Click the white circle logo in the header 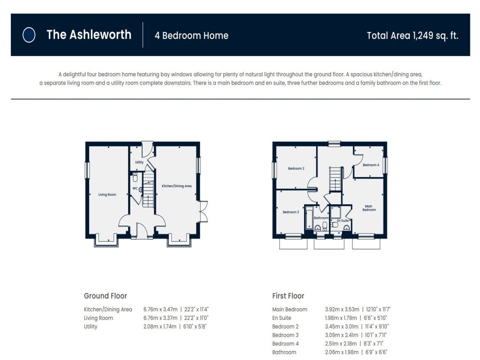point(29,35)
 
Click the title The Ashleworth point(89,35)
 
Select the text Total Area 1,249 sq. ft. point(412,36)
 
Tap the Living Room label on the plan point(107,195)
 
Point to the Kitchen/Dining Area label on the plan point(177,186)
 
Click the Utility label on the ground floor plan point(139,162)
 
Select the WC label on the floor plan point(135,188)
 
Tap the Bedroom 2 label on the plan point(296,168)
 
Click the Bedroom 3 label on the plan point(291,212)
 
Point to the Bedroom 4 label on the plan point(370,165)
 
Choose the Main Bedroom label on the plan point(369,208)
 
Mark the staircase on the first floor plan point(336,179)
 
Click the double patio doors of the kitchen point(203,212)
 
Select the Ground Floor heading point(105,296)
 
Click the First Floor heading point(288,296)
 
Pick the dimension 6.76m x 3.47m point(160,309)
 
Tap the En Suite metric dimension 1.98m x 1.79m point(342,318)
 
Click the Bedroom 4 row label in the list point(285,343)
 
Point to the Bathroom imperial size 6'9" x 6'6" point(376,352)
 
